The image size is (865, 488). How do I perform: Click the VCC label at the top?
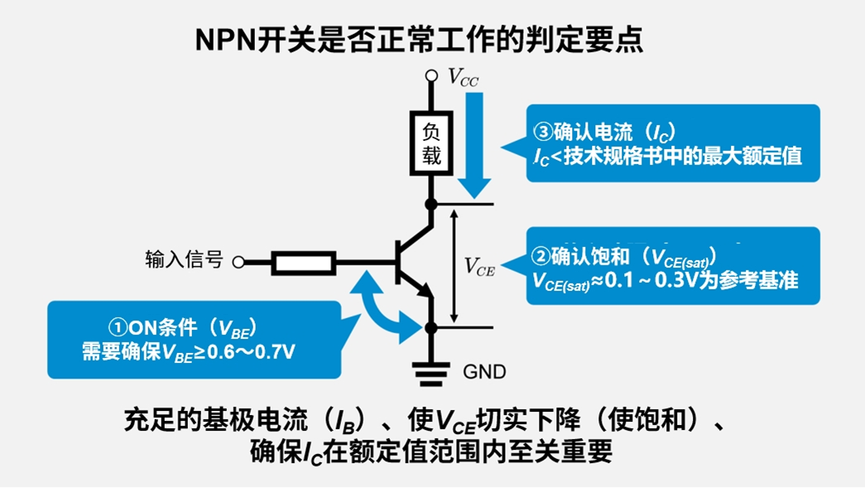pos(463,77)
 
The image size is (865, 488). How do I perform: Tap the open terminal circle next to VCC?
pos(430,75)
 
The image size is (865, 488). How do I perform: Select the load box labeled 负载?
pos(430,143)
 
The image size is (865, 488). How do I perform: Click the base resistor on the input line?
pos(304,263)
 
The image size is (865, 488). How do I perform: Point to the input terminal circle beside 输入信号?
pos(238,263)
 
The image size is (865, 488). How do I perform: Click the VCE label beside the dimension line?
pos(479,266)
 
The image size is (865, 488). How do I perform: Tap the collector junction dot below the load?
pos(430,204)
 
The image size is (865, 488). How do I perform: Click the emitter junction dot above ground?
pos(430,327)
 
